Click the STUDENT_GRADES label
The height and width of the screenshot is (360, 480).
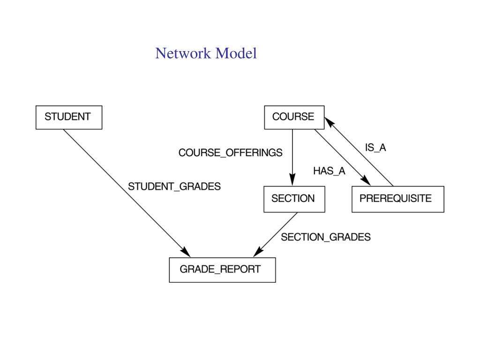click(174, 187)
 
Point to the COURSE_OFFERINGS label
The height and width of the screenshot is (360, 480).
click(230, 152)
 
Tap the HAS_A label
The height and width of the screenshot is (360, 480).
click(329, 171)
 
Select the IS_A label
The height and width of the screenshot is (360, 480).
click(375, 148)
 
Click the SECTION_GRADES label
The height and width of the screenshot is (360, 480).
click(326, 237)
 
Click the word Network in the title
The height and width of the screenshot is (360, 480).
click(183, 53)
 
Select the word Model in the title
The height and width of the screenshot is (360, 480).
click(236, 53)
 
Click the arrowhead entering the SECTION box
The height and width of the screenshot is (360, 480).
click(292, 180)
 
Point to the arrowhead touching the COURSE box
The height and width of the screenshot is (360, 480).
click(330, 122)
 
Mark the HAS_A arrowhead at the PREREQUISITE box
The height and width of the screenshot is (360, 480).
click(366, 180)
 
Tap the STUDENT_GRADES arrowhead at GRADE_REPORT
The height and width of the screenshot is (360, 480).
click(185, 252)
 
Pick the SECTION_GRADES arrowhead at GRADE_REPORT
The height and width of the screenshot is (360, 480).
click(259, 252)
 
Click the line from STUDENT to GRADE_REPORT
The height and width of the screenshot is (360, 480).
click(127, 193)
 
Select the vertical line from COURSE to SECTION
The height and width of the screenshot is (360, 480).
click(292, 157)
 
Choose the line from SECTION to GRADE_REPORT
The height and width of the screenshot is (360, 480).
click(276, 235)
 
